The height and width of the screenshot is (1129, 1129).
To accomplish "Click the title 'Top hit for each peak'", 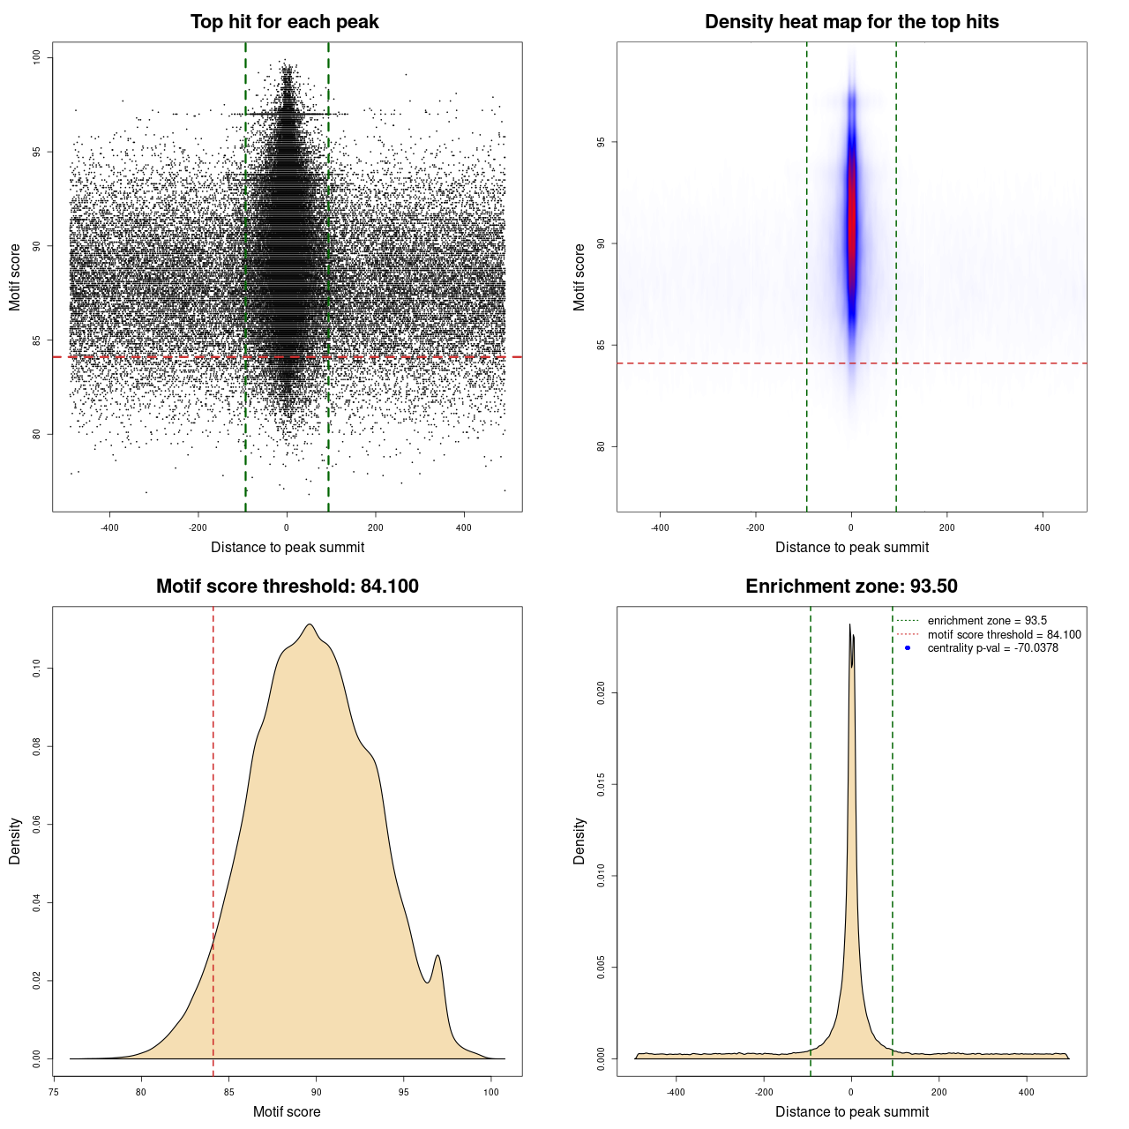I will click(x=284, y=22).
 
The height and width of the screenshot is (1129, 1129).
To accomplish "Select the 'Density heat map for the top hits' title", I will click(x=851, y=22).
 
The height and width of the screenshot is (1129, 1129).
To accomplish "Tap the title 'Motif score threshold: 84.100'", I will click(x=287, y=587).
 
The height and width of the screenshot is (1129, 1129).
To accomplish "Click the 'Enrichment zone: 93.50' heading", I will click(x=851, y=587).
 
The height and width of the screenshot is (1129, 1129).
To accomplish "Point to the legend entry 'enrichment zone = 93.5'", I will click(x=987, y=621).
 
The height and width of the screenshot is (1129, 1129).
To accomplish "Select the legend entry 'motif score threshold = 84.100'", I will click(x=1004, y=635).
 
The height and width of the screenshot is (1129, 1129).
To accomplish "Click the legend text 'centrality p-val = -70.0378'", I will click(x=992, y=648).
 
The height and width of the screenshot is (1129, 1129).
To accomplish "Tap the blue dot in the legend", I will click(x=908, y=648).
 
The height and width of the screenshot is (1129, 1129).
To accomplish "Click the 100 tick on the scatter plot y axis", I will click(x=36, y=57).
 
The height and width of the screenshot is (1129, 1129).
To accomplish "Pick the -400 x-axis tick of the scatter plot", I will click(x=109, y=527).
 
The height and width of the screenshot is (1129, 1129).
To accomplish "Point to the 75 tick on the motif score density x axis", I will click(x=54, y=1092).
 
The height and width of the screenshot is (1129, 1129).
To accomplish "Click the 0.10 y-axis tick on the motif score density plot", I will click(x=36, y=669).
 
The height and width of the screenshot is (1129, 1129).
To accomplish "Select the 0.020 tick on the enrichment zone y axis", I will click(x=601, y=693).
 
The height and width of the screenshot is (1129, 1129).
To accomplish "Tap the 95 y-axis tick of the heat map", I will click(x=601, y=142).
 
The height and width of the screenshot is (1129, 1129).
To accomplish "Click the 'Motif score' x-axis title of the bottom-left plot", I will click(x=287, y=1111).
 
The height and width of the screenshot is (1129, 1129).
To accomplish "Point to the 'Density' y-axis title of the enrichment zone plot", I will click(x=579, y=841).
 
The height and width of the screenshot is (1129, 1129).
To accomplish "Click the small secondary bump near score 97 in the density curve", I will click(x=437, y=956).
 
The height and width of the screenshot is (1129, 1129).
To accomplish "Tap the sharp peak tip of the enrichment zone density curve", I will click(x=849, y=625).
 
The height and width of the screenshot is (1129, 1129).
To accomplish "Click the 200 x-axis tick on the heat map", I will click(x=946, y=527).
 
